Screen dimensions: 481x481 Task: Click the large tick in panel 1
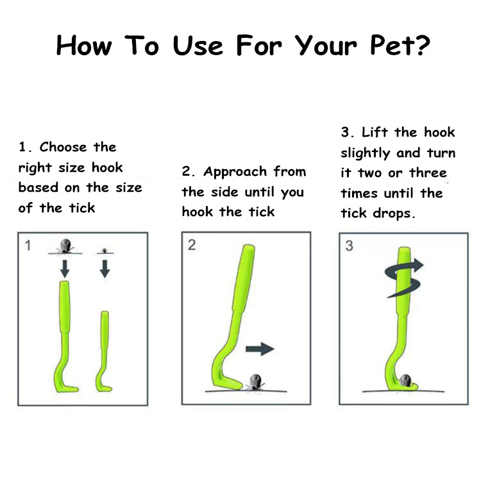(65, 246)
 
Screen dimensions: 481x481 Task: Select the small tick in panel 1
(105, 251)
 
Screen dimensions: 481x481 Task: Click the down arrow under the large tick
(65, 269)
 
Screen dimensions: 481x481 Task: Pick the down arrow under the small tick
(105, 269)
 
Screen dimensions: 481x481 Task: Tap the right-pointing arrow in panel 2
(260, 349)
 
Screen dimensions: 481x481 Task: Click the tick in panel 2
(255, 382)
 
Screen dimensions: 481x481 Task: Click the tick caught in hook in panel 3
(405, 380)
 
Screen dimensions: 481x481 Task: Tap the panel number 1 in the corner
(28, 246)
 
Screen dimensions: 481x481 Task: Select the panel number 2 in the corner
(192, 245)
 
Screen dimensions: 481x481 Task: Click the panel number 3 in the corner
(350, 246)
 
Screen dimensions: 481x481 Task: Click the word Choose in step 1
(63, 147)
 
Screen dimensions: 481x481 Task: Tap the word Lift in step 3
(375, 132)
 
